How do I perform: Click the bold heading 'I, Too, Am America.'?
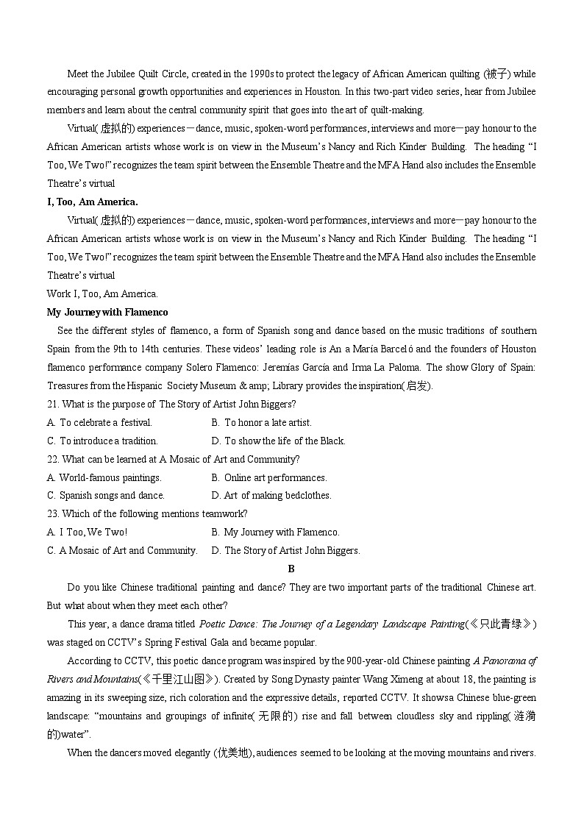(x=92, y=202)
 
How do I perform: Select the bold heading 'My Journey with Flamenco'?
(x=107, y=312)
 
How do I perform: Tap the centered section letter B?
(x=291, y=569)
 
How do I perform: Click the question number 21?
(x=53, y=404)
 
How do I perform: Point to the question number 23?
(x=53, y=513)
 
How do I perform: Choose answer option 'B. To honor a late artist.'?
(x=261, y=422)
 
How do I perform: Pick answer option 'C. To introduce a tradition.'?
(x=102, y=441)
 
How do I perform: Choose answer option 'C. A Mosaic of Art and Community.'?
(x=122, y=550)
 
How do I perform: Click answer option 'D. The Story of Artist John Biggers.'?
(x=285, y=550)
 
